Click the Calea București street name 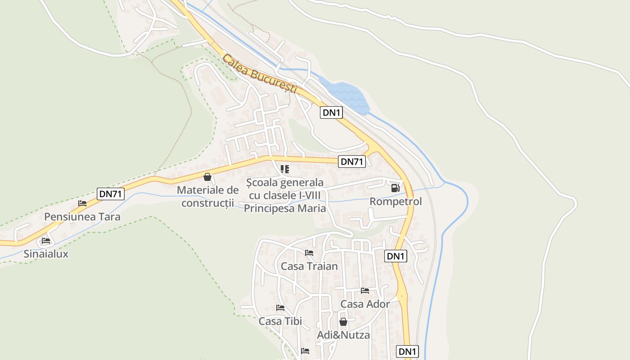tap(260, 74)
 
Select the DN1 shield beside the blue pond tap(331, 112)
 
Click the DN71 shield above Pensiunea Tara tap(111, 194)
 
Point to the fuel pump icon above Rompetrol tap(395, 188)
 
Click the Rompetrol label tap(396, 202)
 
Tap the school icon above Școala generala tap(284, 169)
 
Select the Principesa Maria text tap(285, 208)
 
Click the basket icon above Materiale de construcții tap(207, 177)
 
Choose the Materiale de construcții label tap(207, 197)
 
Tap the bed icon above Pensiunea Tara tap(82, 203)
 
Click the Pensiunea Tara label tap(82, 217)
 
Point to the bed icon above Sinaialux tap(46, 241)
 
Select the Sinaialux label tap(46, 254)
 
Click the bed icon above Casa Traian tap(309, 253)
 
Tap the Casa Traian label tap(309, 266)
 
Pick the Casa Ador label tap(365, 304)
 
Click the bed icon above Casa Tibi tap(280, 308)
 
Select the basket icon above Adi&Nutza tap(343, 322)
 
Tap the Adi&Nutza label tap(343, 335)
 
